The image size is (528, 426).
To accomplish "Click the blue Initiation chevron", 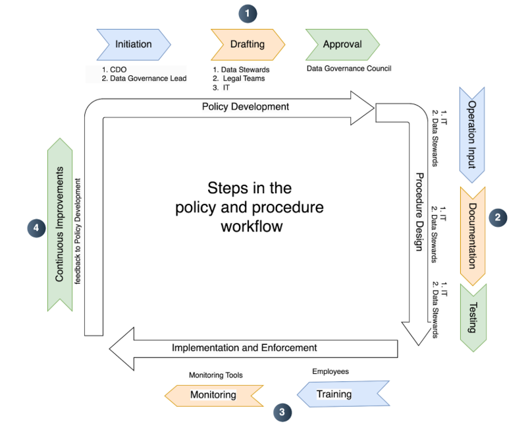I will (x=134, y=45).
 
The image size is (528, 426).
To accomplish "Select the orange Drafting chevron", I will (x=248, y=45).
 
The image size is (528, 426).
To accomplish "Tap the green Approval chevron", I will (x=342, y=45).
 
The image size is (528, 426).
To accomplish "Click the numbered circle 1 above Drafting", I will (x=248, y=13).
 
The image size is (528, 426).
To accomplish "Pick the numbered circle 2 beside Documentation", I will (x=498, y=216).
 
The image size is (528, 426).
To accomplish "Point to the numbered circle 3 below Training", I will (x=282, y=412).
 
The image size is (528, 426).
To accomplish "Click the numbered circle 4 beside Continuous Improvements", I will (x=36, y=228).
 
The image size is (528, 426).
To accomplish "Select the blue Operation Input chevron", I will (x=472, y=135).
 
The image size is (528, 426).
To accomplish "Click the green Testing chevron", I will (x=472, y=317).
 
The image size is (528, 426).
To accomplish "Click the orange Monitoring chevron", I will (x=213, y=395).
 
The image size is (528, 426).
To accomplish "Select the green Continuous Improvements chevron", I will (x=59, y=224).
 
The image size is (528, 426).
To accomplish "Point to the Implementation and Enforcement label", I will (x=244, y=348).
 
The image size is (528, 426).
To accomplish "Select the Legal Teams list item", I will (x=244, y=78).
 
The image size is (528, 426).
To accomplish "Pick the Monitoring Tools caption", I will (x=216, y=375).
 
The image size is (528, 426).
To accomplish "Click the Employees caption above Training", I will (x=330, y=371).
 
